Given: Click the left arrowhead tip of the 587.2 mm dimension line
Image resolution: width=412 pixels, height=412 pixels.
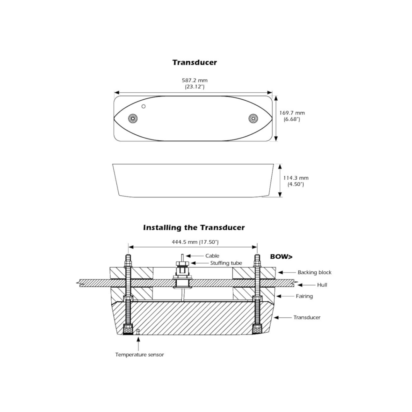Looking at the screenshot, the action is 114,92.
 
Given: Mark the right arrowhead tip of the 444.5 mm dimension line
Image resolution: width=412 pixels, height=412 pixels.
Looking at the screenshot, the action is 257,247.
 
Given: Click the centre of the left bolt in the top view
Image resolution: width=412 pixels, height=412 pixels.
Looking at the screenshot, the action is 134,119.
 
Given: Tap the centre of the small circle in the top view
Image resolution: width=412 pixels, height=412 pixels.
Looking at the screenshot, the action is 143,106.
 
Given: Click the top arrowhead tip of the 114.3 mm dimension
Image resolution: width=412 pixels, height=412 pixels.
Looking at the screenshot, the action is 280,164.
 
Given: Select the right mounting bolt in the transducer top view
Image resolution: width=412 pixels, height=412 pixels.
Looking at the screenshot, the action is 253,119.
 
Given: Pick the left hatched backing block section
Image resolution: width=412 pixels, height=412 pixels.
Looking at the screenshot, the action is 131,273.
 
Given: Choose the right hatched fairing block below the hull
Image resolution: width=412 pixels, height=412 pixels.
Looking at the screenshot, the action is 254,294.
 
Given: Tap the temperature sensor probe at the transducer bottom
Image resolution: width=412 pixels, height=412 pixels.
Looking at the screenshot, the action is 137,332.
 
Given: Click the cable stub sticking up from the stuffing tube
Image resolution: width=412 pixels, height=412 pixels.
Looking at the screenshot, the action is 182,257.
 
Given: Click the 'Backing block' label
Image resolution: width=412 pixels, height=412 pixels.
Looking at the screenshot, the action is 314,272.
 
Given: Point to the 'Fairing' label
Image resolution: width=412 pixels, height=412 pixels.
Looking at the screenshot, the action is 304,296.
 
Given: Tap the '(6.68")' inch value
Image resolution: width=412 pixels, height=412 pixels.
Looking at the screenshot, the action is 292,119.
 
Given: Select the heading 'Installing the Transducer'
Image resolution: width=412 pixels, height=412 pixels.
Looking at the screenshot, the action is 194,227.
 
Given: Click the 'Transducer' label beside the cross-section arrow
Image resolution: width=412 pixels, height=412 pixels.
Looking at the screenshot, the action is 307,317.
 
